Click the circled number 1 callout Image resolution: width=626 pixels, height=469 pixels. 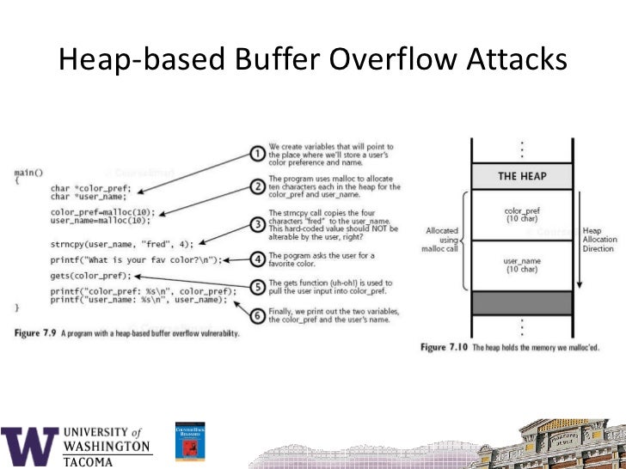256,155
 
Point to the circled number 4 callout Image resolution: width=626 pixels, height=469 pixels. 256,257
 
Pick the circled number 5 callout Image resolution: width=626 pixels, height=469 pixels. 256,288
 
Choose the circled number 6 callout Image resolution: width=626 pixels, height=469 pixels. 256,317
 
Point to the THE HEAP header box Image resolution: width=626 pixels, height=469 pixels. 523,177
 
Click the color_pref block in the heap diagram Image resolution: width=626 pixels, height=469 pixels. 523,213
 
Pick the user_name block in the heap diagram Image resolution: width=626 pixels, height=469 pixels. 523,265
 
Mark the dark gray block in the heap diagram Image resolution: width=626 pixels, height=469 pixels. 523,303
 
